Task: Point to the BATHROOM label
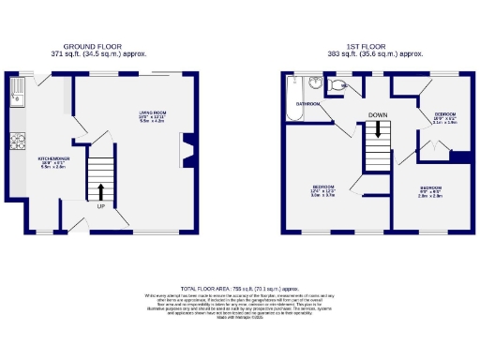308,103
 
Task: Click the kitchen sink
18,94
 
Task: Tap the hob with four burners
17,142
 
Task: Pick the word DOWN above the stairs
378,115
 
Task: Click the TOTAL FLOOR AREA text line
239,288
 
